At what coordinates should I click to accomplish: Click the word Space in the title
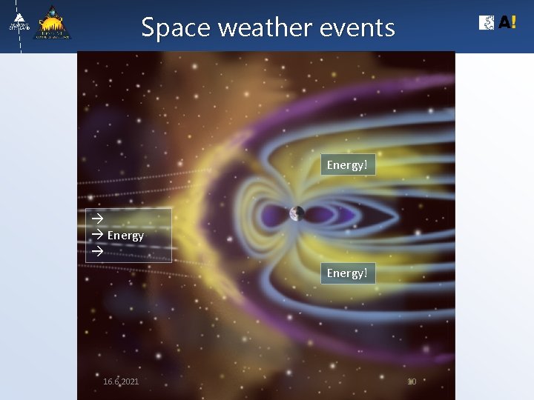pos(165,28)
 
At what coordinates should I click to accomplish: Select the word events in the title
pos(357,28)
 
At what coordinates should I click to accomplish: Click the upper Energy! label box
pos(348,164)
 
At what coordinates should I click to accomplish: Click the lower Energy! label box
pos(348,273)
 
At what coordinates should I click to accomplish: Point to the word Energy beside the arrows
pos(125,236)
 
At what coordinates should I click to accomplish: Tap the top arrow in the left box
pos(96,219)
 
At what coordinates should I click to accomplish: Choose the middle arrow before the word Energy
pos(96,235)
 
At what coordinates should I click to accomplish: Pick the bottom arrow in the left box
pos(96,252)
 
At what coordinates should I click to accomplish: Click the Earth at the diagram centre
pos(297,214)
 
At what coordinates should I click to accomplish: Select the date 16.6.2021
pos(121,381)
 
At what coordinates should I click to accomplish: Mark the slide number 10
pos(412,381)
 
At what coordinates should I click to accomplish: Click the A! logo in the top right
pos(498,23)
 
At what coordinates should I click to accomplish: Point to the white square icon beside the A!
pos(487,23)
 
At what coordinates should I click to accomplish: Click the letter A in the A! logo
pos(504,23)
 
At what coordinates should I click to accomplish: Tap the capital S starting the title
pos(148,28)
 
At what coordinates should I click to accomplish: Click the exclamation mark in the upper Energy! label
pos(366,164)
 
